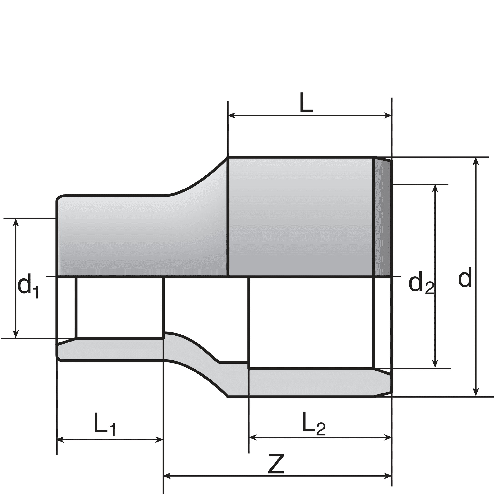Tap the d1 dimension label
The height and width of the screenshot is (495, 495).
coord(28,286)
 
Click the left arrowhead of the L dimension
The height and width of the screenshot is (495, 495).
coord(232,116)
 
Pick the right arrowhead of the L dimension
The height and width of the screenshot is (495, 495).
coord(388,116)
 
